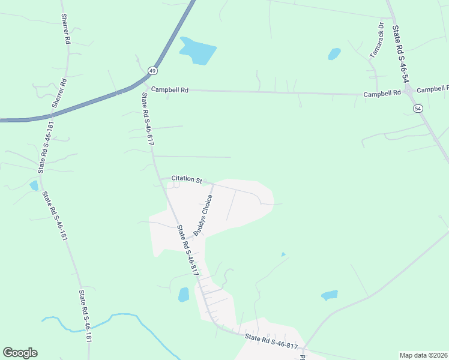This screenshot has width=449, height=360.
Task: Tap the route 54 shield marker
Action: click(x=417, y=107)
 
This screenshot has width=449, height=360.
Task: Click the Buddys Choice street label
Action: click(x=203, y=215)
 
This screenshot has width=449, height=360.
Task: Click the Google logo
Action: click(x=20, y=353)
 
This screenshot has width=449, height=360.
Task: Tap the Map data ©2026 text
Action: click(x=423, y=355)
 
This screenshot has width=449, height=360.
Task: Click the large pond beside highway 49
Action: click(x=197, y=50)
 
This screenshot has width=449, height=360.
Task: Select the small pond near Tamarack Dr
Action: click(x=334, y=54)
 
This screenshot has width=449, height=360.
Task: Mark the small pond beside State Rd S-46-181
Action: click(x=34, y=185)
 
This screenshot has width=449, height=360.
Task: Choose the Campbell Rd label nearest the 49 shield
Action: click(x=170, y=89)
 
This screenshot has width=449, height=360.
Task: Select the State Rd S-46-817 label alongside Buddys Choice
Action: click(x=187, y=250)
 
